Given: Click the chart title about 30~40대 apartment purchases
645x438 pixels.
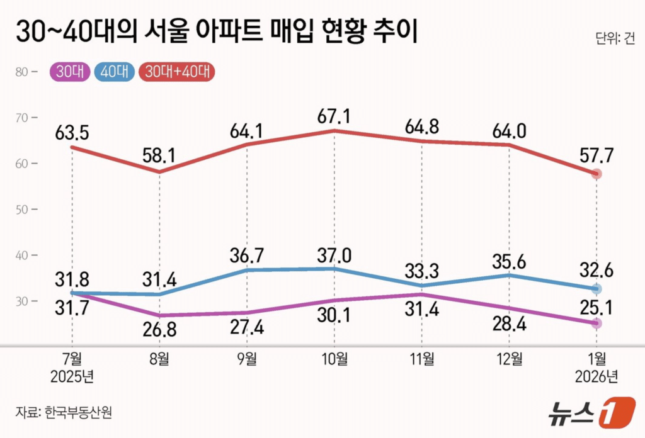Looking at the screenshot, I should [x=217, y=32].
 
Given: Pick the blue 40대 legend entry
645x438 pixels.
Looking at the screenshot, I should [x=115, y=72].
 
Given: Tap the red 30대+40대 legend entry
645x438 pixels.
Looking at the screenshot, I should [x=176, y=72].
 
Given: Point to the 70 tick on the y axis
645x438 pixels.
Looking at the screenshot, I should [x=23, y=117].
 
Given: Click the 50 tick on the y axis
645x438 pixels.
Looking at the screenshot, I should [x=23, y=209].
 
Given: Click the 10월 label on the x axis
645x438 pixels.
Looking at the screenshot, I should [x=334, y=359].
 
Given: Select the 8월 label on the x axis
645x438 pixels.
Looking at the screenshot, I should [x=159, y=359].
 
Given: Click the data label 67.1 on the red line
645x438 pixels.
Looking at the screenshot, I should [x=334, y=116].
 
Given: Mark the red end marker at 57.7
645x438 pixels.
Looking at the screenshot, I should [x=596, y=174].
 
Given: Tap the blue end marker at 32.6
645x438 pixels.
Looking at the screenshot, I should [x=596, y=289].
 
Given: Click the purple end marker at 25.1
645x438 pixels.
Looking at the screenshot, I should [x=596, y=323].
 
